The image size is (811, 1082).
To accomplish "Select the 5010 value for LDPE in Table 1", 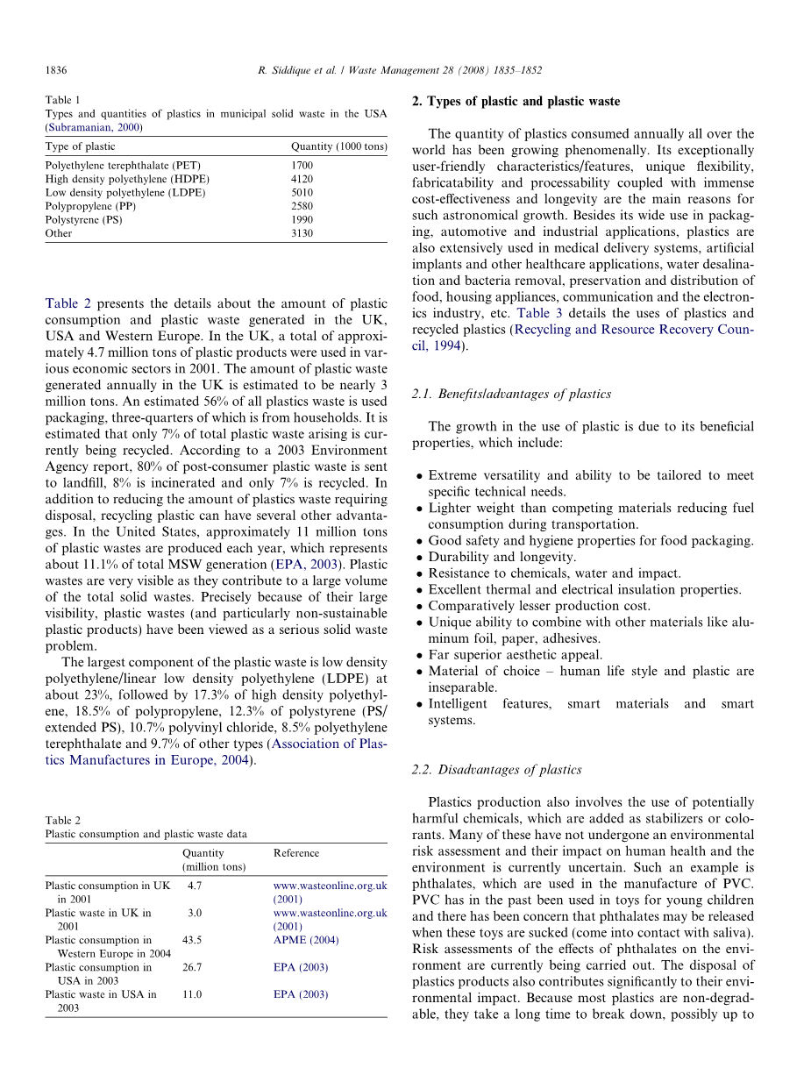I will tap(302, 192).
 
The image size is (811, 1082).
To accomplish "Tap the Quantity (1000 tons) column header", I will tap(338, 146).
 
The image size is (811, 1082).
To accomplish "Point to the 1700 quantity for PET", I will tap(302, 165).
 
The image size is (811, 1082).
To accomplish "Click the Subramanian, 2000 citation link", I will tap(94, 126).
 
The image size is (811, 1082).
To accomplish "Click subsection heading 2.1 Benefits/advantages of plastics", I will tap(510, 394).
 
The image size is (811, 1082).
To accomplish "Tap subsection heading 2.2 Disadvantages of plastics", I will tap(496, 769).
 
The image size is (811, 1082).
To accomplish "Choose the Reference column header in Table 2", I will tap(296, 852).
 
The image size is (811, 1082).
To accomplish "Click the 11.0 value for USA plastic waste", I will tap(191, 994).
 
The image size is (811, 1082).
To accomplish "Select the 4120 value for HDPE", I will tap(302, 179).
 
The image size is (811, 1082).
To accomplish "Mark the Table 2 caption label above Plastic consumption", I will tap(63, 821).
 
